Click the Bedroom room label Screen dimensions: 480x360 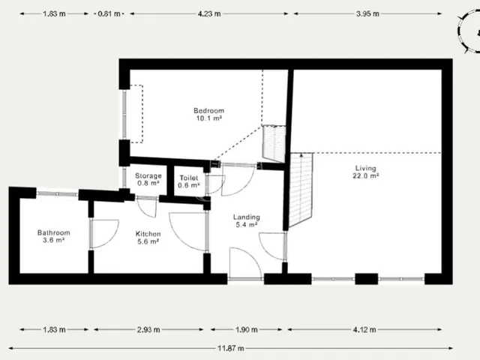(x=208, y=110)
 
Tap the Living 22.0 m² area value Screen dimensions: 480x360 (x=366, y=175)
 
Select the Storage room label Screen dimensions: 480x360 (x=148, y=176)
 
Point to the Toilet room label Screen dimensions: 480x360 (x=189, y=178)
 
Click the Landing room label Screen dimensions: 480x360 (x=247, y=217)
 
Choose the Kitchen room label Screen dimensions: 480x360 (x=148, y=234)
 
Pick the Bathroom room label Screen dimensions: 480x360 (x=53, y=232)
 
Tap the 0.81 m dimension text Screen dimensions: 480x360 (x=109, y=13)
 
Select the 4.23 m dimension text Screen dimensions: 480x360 (x=209, y=13)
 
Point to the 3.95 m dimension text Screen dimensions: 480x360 (x=367, y=13)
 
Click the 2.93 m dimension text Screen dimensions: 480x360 (x=148, y=330)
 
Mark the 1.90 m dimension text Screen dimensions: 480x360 (x=247, y=330)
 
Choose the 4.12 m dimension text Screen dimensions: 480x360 (x=364, y=330)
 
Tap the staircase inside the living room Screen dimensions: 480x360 (x=301, y=189)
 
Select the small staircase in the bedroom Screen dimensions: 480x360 (x=274, y=143)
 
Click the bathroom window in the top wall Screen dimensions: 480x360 (x=57, y=193)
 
